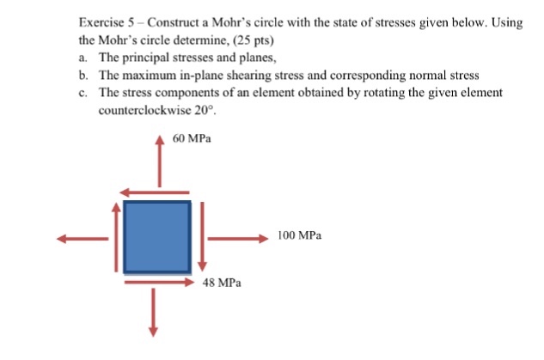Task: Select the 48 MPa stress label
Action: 222,282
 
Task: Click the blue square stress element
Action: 156,235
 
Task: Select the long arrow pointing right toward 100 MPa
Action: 237,239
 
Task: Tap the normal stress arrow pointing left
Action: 83,239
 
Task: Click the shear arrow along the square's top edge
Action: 155,192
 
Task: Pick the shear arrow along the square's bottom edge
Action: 158,280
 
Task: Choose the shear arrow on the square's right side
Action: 203,234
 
